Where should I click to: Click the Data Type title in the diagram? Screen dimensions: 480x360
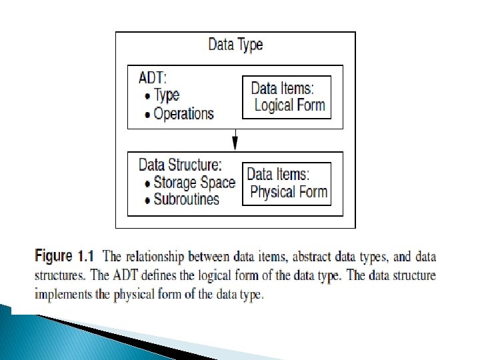point(235,45)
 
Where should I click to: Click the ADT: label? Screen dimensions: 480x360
point(153,78)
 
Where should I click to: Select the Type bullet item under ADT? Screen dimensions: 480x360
point(167,95)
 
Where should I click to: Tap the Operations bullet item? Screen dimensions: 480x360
point(183,113)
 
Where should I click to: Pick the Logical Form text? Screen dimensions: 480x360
point(289,105)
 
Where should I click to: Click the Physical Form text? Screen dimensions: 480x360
point(288,193)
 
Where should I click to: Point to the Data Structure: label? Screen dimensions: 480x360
point(179,165)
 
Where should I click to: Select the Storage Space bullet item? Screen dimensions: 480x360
point(194,182)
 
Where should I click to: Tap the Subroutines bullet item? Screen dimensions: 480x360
point(186,199)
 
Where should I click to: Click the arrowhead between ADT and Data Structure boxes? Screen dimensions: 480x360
point(235,143)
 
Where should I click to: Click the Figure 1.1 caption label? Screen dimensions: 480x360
point(66,256)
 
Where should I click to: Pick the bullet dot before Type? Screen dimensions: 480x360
point(147,96)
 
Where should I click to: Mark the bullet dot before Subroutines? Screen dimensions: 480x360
point(147,199)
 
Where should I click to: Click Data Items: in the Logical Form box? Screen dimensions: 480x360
point(287,87)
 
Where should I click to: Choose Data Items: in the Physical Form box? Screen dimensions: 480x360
point(279,175)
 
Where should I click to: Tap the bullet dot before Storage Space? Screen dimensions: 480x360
point(147,183)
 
